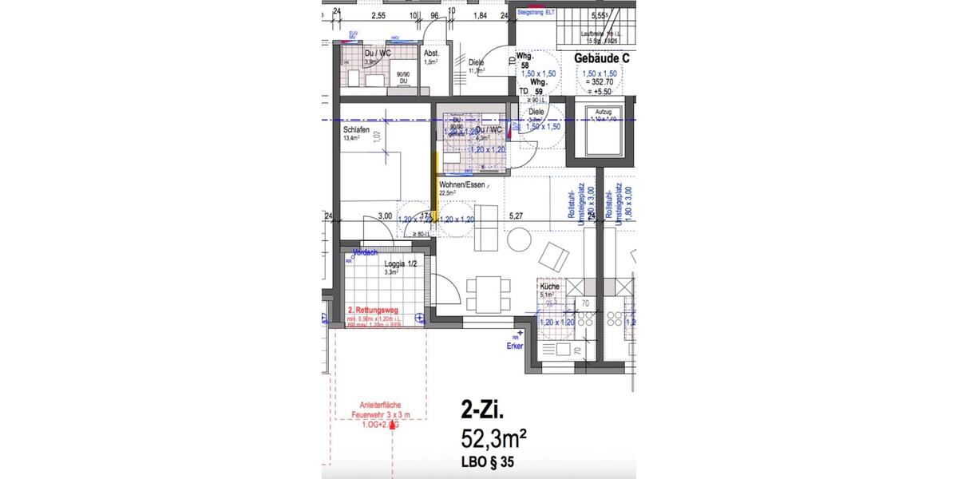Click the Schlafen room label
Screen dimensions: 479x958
[356, 129]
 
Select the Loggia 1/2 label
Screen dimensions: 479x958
[401, 263]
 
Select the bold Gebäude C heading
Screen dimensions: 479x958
[602, 58]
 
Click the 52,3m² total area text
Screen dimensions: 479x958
[493, 438]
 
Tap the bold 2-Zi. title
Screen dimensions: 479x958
[483, 410]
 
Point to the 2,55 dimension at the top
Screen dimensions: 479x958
[378, 15]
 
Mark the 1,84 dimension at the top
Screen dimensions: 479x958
[480, 15]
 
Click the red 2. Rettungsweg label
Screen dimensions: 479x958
[374, 311]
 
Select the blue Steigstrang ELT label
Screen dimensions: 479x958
[536, 14]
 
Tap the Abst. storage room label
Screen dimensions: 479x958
[432, 53]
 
